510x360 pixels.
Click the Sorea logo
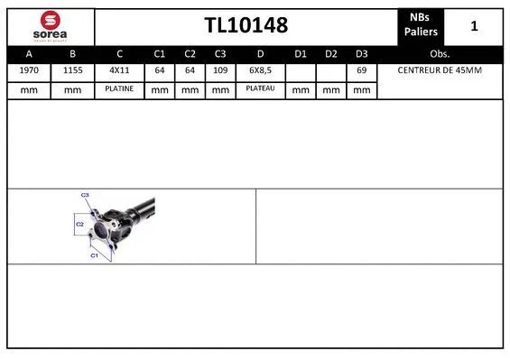(x=51, y=25)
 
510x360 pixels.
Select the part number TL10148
(x=246, y=26)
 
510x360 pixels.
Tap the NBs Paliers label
(x=421, y=25)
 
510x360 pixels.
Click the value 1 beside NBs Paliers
(x=474, y=26)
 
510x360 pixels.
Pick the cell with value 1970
(x=29, y=69)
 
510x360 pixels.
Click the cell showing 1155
(x=73, y=69)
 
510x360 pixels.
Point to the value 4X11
(x=120, y=69)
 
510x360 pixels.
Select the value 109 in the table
(x=219, y=69)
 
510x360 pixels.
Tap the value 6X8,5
(x=260, y=69)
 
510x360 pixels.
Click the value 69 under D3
(x=361, y=69)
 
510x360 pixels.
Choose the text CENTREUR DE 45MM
(x=440, y=69)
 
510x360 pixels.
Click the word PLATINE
(x=120, y=89)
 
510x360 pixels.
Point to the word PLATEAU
(x=260, y=89)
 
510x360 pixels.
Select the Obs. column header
(x=440, y=52)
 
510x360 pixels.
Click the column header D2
(x=331, y=52)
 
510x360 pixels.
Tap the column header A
(x=29, y=52)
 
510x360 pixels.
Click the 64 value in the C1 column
(x=160, y=69)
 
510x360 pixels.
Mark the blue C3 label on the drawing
(x=85, y=195)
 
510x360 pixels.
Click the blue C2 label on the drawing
(x=79, y=223)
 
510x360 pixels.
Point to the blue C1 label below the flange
(x=93, y=255)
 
